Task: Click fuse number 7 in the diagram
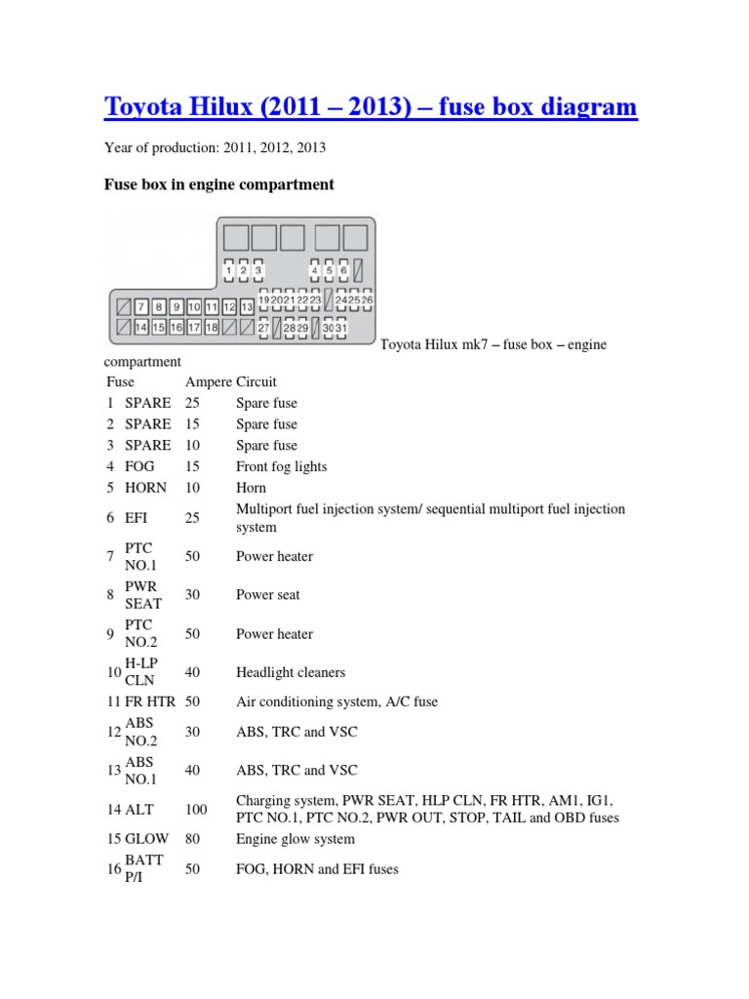(x=141, y=305)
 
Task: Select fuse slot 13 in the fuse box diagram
(x=247, y=305)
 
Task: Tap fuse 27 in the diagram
(x=263, y=329)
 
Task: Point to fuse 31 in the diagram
(x=341, y=329)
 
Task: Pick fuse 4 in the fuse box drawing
(x=316, y=270)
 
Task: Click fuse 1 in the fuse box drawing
(x=229, y=270)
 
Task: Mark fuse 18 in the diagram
(x=212, y=328)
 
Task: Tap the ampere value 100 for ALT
(x=196, y=809)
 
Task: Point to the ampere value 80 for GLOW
(x=192, y=839)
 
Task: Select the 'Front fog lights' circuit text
(x=282, y=466)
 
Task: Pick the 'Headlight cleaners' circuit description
(x=291, y=672)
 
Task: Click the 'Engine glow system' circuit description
(x=296, y=839)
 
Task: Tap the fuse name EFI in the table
(x=136, y=518)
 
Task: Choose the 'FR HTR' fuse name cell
(x=148, y=701)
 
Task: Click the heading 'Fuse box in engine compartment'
(x=219, y=184)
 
